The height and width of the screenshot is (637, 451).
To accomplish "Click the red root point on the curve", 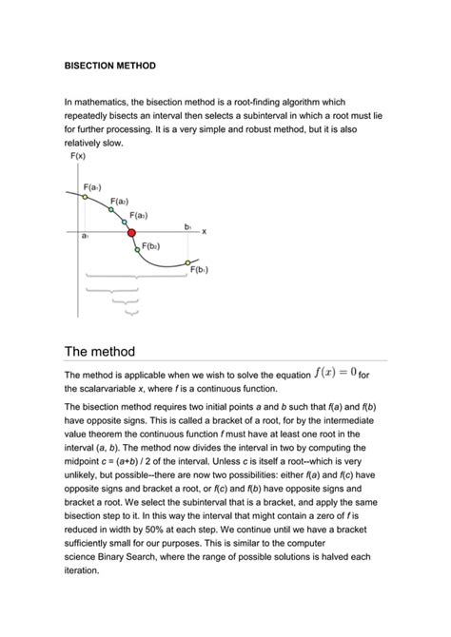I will (x=131, y=232).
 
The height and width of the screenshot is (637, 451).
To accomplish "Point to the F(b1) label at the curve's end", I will (x=199, y=269).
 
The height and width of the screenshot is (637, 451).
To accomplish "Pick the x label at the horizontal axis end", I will (x=204, y=231).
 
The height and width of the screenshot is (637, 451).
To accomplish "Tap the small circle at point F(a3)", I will (x=123, y=222).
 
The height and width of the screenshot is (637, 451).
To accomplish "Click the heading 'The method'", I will (x=100, y=353).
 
